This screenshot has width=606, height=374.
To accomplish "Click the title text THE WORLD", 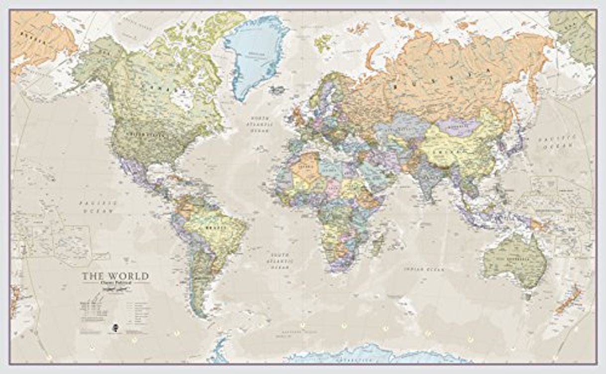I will [x=115, y=276].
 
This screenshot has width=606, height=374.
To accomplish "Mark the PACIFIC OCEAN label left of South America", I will [x=98, y=207].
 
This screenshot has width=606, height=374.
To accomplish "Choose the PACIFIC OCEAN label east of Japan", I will [x=565, y=143].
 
